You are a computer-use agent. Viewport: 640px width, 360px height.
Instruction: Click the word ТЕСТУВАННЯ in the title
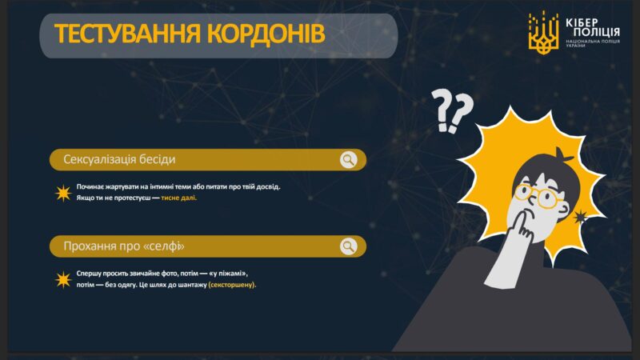[128, 34]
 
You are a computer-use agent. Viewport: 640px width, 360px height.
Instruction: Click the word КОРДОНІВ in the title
[266, 34]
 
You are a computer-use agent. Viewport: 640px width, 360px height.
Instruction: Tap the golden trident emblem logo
[543, 33]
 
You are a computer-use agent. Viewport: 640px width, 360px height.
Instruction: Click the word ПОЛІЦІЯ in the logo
[596, 32]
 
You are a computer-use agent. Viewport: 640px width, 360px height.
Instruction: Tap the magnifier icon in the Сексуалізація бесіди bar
[349, 159]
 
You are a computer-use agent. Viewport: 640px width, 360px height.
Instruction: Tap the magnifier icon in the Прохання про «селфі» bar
[349, 246]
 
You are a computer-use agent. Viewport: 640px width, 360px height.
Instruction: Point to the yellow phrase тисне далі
[178, 198]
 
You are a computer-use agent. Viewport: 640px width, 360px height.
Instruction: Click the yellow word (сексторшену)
[232, 285]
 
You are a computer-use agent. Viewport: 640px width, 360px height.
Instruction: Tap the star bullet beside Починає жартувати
[63, 193]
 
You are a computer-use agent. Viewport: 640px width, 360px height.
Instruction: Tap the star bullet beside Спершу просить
[63, 280]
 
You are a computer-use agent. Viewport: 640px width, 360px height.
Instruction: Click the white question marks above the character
[452, 111]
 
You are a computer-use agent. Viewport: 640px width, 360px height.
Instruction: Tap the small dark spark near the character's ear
[579, 217]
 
